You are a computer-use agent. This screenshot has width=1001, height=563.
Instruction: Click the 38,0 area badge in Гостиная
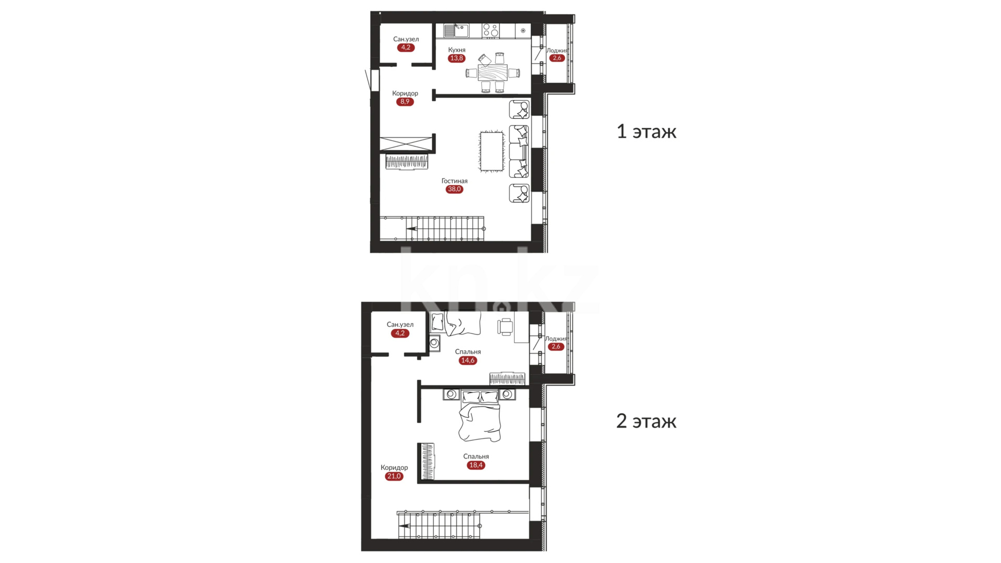[454, 189]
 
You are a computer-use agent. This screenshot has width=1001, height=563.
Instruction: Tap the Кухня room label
[457, 50]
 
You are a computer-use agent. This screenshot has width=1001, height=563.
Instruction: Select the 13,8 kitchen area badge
[456, 58]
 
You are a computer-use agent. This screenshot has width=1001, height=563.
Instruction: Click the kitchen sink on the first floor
[456, 30]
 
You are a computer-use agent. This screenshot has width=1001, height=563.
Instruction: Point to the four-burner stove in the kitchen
[490, 30]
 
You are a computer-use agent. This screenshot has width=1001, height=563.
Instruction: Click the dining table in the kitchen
[492, 72]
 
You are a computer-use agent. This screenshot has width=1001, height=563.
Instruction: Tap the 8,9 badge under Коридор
[405, 102]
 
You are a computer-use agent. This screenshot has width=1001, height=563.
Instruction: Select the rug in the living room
[492, 151]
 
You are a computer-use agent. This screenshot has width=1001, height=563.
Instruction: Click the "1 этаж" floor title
[646, 131]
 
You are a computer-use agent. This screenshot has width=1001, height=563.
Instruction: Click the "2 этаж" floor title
[646, 421]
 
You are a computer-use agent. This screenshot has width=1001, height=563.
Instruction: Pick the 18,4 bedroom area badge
[476, 465]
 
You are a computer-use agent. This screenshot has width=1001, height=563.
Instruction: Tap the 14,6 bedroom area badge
[468, 360]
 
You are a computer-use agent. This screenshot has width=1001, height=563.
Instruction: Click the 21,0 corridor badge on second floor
[394, 476]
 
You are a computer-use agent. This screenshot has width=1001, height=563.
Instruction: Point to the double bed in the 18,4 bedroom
[479, 415]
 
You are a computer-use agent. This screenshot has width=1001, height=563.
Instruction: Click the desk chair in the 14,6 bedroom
[505, 327]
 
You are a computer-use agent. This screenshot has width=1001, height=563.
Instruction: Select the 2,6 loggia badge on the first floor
[557, 58]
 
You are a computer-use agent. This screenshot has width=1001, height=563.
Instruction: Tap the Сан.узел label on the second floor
[400, 324]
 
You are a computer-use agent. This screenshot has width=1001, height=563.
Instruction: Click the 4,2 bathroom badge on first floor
[406, 47]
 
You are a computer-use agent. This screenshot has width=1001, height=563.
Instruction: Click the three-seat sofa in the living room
[519, 151]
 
